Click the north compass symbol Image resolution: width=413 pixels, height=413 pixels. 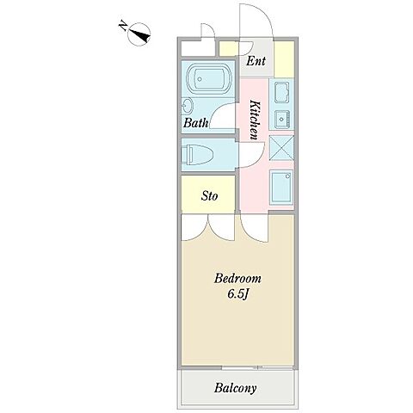139,34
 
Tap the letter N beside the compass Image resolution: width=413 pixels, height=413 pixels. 123,25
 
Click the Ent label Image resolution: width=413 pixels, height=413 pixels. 256,61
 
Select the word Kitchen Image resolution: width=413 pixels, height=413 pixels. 255,120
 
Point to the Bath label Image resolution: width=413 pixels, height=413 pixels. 196,123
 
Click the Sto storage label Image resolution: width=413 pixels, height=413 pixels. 209,196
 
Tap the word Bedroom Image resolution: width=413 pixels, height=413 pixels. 237,279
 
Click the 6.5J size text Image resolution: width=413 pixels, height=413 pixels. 237,294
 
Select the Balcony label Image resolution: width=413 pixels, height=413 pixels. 235,388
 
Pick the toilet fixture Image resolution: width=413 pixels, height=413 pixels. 198,155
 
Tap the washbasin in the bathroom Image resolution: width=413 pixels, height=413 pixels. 188,107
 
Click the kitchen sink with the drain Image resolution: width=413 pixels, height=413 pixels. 281,119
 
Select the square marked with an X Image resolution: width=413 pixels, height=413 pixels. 281,148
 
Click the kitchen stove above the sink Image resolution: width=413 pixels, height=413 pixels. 281,92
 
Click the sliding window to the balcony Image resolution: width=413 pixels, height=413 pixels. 258,367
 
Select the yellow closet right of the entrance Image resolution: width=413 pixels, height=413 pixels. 284,59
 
